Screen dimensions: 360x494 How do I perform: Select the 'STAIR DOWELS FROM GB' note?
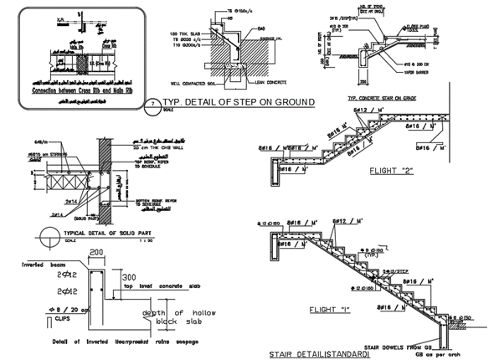pyautogui.click(x=415, y=344)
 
